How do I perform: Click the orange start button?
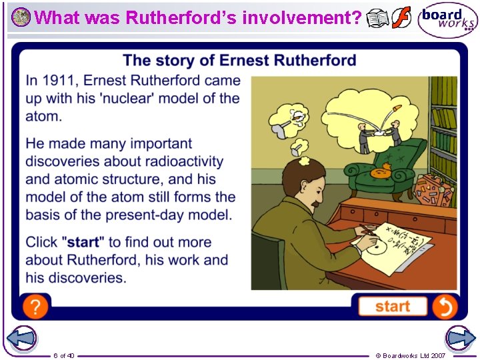(x=392, y=306)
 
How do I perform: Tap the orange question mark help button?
(x=35, y=306)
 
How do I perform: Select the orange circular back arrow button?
(x=444, y=306)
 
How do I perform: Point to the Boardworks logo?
(x=447, y=20)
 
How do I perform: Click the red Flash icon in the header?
(x=401, y=18)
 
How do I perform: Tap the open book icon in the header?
(x=378, y=19)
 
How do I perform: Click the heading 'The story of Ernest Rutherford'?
(x=239, y=61)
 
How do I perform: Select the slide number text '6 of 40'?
(x=64, y=355)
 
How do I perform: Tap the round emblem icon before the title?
(x=21, y=17)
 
